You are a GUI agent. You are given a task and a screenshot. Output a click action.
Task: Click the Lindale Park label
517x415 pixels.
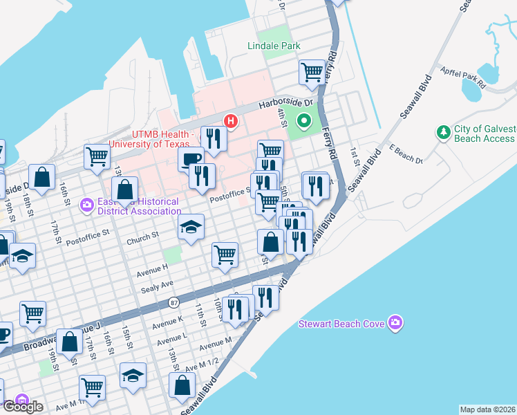coord(274,46)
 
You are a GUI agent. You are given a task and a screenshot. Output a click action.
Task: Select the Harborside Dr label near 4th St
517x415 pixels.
coord(285,104)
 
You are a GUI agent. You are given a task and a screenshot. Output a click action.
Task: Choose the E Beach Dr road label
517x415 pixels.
coord(405,154)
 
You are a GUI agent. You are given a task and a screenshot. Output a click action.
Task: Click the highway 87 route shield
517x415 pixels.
coord(173,303)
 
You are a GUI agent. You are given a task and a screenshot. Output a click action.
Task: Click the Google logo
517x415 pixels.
coord(23,407)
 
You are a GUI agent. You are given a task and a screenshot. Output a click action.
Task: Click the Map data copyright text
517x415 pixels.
coord(487,409)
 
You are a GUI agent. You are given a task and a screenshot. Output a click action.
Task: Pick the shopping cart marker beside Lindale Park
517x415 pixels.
coord(312,71)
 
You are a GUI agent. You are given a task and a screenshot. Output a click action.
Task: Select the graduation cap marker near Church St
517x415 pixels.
coord(191,227)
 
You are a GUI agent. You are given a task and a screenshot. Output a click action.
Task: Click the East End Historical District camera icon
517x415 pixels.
coord(87,204)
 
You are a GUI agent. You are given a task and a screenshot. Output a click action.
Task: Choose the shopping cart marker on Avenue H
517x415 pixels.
coord(225,254)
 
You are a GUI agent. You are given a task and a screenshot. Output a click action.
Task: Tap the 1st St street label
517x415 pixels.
coord(354,152)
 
